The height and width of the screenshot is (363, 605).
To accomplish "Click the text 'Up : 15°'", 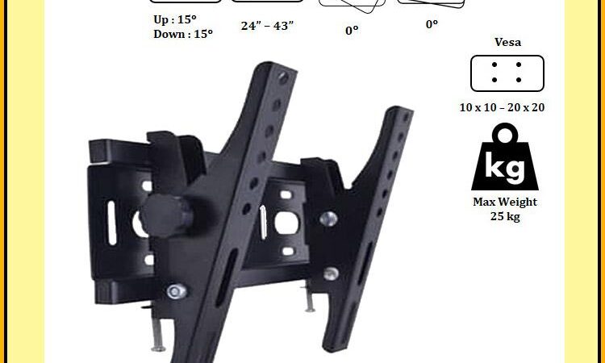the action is point(175,19).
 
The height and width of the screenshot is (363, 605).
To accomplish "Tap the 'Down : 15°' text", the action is point(183,34).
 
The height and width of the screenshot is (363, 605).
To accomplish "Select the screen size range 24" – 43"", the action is point(267,26).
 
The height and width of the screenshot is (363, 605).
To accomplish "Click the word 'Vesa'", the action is point(507,42).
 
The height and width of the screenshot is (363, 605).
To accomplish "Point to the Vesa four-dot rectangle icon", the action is point(507,73).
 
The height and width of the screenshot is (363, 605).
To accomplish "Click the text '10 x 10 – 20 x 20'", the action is point(502,107).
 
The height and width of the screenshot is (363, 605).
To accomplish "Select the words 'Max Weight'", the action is point(505,202).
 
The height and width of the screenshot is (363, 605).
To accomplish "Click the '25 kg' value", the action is point(505,216).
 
